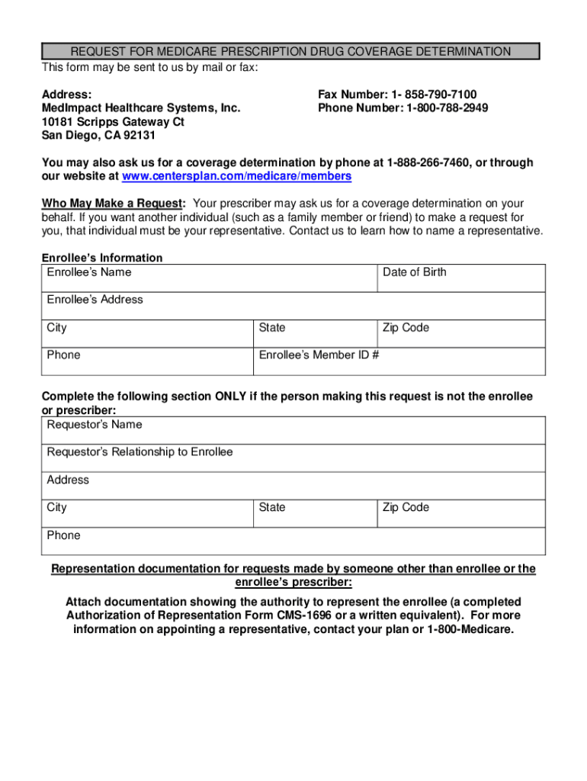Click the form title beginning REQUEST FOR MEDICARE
click(290, 52)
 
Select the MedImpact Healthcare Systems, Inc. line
click(141, 108)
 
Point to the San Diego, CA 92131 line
click(98, 136)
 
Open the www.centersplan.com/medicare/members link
click(236, 176)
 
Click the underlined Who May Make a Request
click(113, 204)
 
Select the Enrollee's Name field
click(209, 278)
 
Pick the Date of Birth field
click(461, 278)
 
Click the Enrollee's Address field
click(293, 306)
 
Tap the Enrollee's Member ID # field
click(399, 362)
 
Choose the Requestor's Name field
click(293, 430)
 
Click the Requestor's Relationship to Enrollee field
click(293, 458)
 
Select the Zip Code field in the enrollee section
click(461, 334)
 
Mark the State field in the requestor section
click(315, 513)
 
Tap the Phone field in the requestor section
click(293, 541)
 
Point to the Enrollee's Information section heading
click(102, 258)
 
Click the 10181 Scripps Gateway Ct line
click(113, 122)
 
